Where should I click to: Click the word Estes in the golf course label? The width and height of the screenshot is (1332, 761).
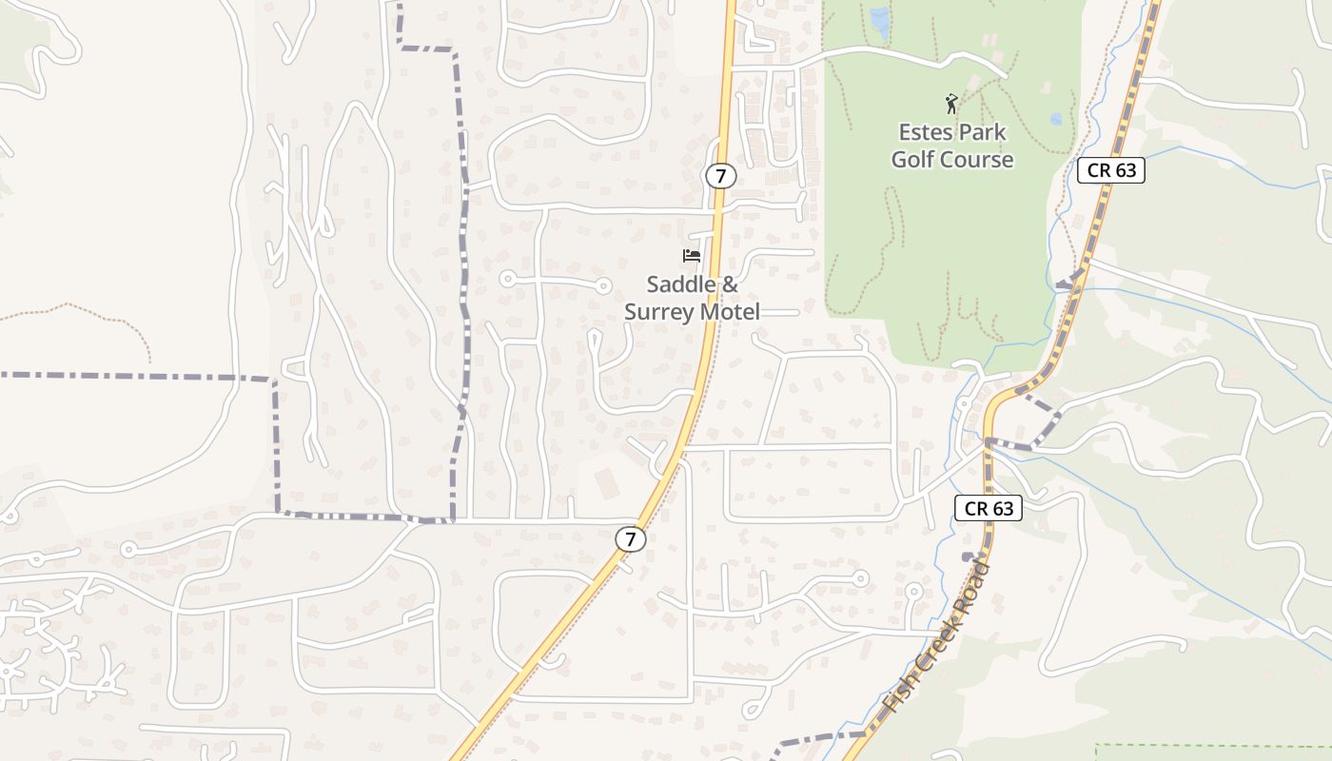point(924,131)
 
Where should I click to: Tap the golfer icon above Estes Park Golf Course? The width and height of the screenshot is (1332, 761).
point(951,103)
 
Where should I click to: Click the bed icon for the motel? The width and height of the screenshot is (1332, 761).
point(692,256)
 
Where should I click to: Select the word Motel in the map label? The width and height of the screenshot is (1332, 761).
point(729,312)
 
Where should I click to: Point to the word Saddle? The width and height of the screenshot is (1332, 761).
point(679,284)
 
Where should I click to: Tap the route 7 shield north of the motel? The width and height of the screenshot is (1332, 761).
point(721,176)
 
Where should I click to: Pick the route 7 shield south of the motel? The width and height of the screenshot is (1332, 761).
point(630,539)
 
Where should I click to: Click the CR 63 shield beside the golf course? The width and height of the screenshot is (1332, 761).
point(1110,171)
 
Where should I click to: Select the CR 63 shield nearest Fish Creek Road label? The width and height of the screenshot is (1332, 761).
point(989,509)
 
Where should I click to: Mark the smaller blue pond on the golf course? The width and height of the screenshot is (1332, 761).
point(1056,120)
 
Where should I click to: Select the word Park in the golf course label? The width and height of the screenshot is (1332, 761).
point(980,131)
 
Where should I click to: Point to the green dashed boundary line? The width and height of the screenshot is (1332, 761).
point(1208,745)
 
